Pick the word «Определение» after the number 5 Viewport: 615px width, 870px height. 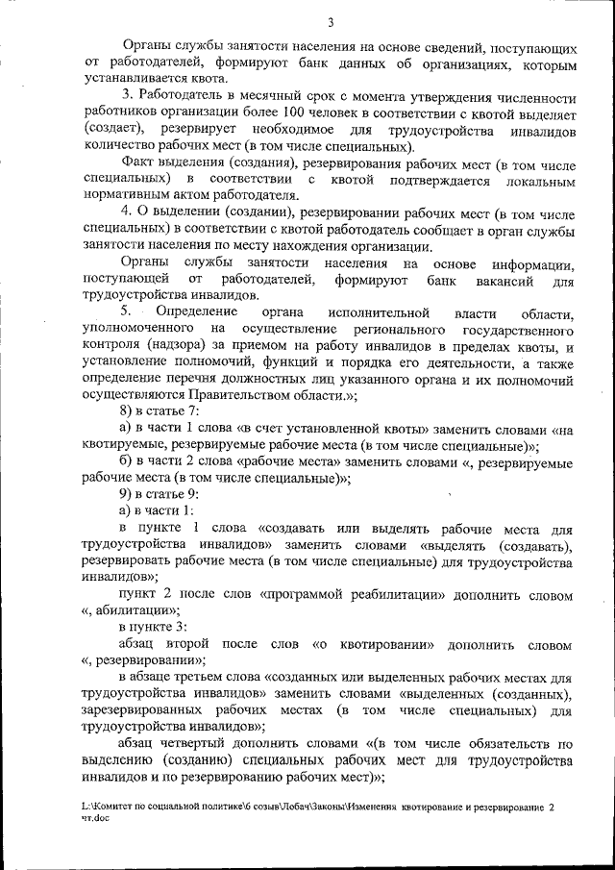[x=203, y=313]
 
